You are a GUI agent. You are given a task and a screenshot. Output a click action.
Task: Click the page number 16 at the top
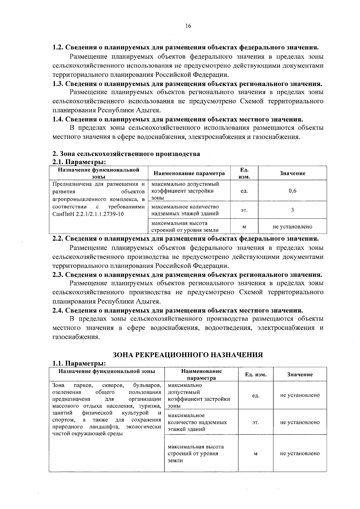188,26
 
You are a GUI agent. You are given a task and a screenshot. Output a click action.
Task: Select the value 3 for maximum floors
292,210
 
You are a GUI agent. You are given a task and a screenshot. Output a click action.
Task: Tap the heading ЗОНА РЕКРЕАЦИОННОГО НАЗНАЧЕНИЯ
188,355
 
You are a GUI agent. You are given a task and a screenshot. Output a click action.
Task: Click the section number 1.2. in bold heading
58,48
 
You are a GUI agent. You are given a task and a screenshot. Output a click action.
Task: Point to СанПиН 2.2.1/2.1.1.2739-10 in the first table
88,214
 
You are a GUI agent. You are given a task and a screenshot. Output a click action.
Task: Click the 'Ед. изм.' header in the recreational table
256,375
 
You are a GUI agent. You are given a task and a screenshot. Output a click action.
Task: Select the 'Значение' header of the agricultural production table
292,173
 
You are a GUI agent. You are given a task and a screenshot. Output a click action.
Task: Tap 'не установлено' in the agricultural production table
292,227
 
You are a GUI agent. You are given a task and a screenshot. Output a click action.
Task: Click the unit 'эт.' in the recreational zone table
256,422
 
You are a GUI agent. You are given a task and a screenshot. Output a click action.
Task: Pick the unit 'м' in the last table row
256,453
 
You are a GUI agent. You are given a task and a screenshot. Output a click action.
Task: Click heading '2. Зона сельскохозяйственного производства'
126,154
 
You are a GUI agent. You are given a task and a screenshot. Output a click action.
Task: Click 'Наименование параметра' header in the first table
189,173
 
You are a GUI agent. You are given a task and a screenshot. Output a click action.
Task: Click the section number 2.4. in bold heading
58,310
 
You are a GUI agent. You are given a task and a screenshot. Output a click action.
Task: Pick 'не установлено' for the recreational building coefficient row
300,395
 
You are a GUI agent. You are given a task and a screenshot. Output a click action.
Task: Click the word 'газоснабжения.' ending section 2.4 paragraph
76,337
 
